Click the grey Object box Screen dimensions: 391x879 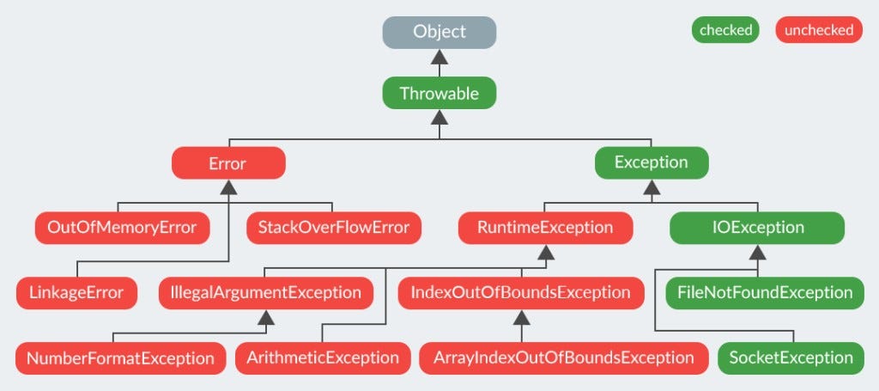439,32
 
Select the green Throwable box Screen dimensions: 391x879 439,94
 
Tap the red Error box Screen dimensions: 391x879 227,162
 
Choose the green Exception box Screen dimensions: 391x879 652,162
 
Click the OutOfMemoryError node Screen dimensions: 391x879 122,228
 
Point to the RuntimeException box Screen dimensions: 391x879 545,228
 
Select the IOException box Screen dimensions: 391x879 757,228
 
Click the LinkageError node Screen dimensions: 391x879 76,293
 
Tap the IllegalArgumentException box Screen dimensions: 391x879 266,293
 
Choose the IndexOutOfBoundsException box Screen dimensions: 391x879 521,293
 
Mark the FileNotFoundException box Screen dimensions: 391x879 765,293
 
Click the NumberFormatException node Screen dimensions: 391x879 120,357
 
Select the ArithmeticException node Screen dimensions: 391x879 323,357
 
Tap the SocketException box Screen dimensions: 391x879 791,357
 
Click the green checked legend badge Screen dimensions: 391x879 726,30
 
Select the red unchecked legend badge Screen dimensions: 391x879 818,30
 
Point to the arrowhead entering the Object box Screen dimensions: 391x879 439,56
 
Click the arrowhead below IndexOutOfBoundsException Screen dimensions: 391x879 521,317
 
